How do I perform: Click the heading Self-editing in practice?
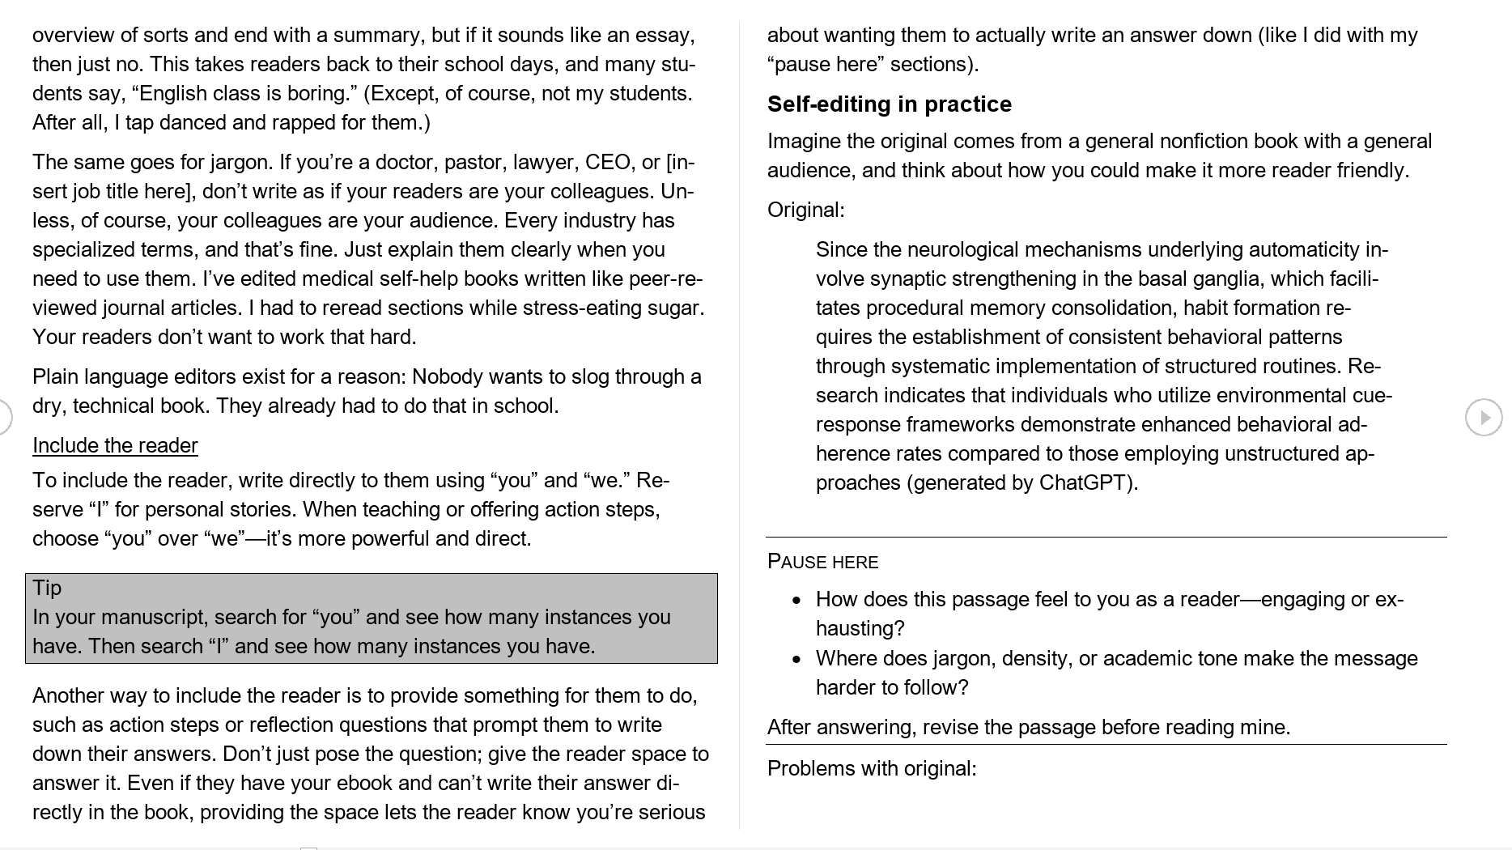(889, 104)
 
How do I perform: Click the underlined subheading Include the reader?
(115, 446)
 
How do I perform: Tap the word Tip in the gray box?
(47, 588)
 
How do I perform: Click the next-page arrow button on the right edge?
(1483, 418)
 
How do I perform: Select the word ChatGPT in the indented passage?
(1085, 483)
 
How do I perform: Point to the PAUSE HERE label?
(822, 562)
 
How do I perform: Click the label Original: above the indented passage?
(805, 210)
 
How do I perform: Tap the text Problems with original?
(872, 768)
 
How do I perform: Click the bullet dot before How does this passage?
(797, 601)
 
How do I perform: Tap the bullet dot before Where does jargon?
(797, 660)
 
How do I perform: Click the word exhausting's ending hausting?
(860, 629)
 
